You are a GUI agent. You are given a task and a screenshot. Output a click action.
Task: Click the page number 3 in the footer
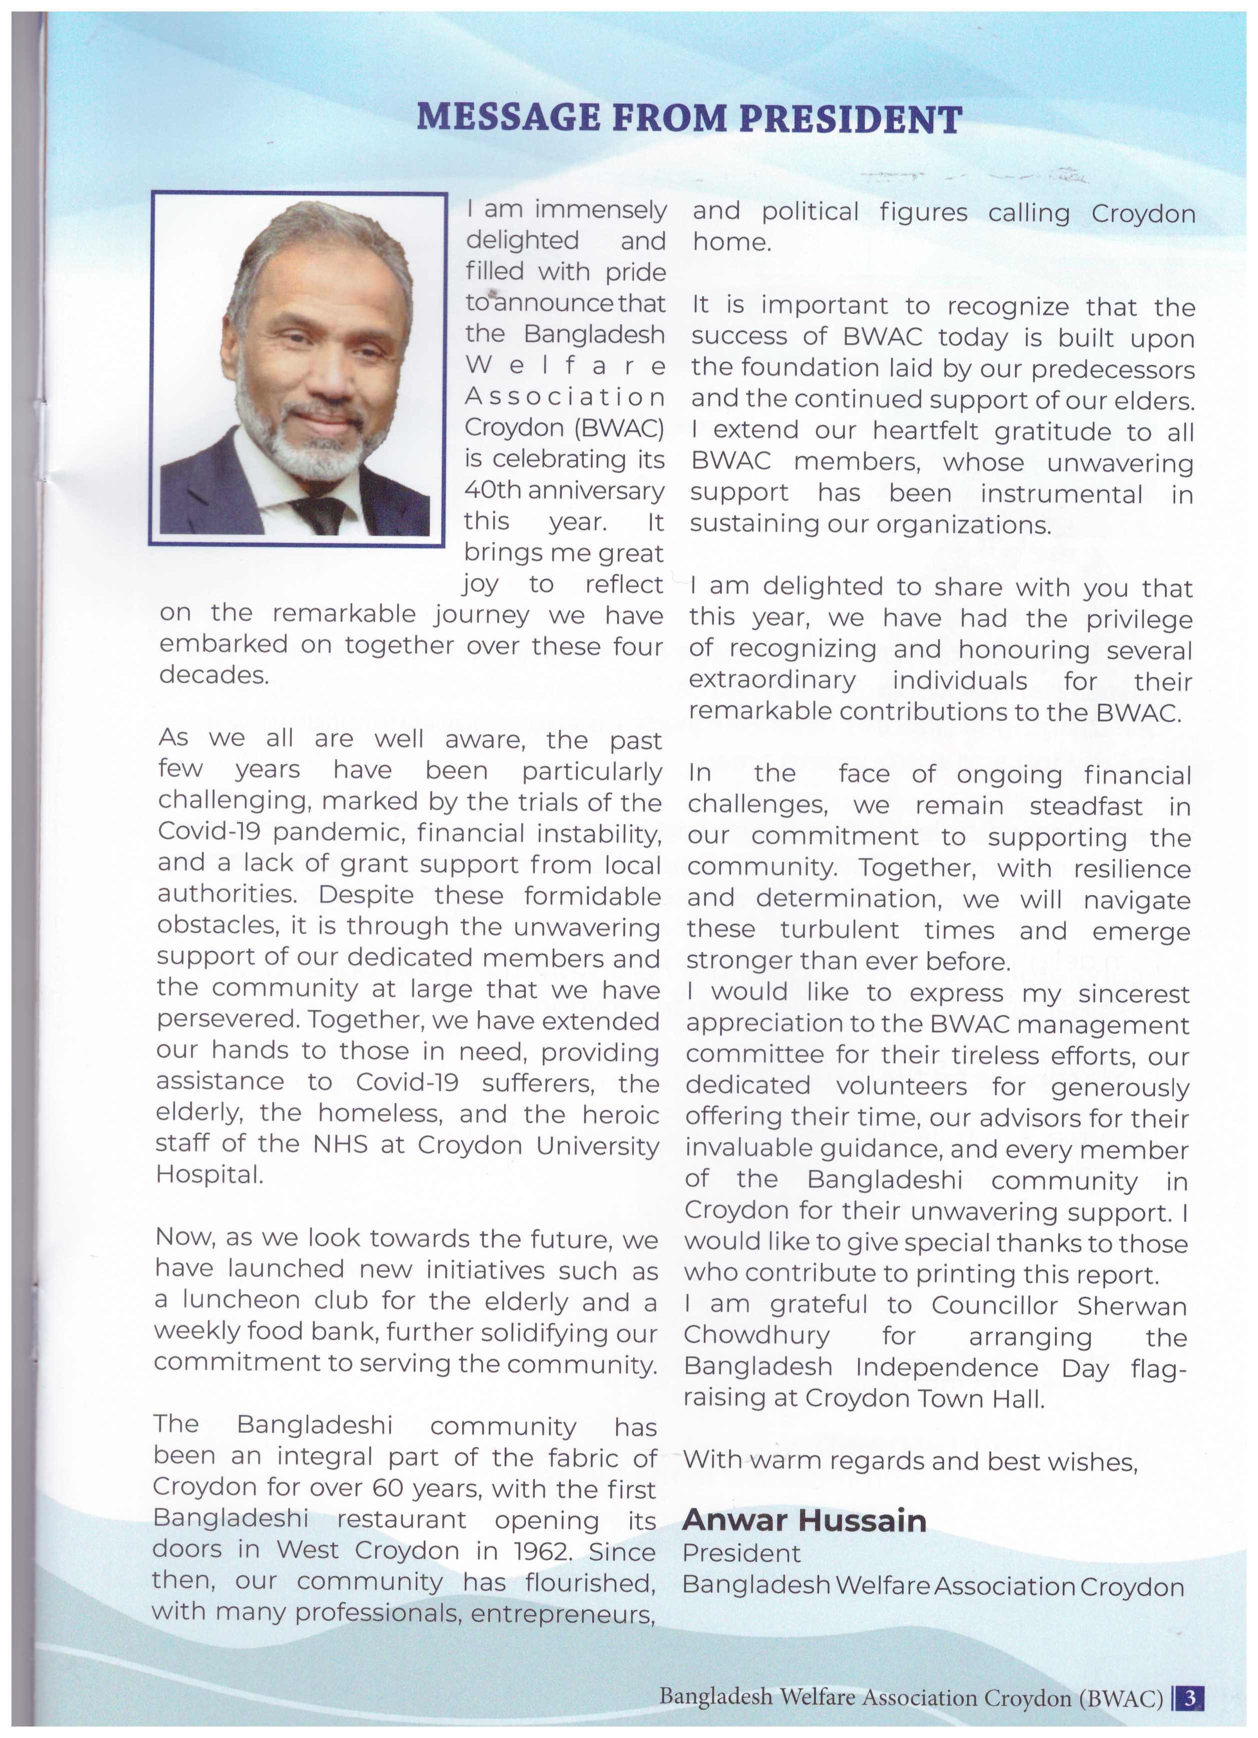pos(1190,1698)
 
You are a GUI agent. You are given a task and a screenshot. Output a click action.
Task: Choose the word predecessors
pos(1113,369)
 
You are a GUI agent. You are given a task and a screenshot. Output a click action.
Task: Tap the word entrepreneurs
pos(563,1613)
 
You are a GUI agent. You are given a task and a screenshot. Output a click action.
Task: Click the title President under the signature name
pos(741,1554)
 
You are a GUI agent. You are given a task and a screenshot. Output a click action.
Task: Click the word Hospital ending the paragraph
pos(209,1174)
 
